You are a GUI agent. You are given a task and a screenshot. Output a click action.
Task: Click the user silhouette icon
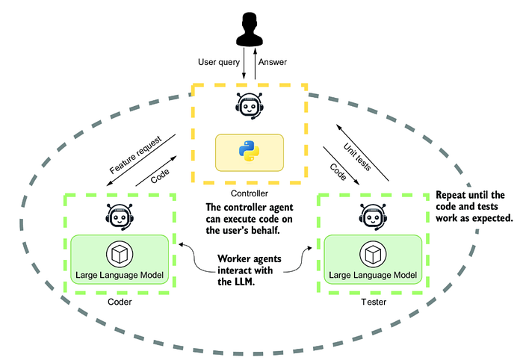[x=250, y=29]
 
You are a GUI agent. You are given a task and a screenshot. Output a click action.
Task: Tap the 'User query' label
[x=219, y=62]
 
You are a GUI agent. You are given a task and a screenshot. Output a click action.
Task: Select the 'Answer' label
[x=273, y=62]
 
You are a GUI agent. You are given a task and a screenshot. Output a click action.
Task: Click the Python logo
[x=249, y=151]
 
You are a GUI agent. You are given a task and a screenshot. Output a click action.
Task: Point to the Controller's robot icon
[x=249, y=106]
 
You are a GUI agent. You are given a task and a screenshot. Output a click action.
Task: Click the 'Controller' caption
[x=249, y=193]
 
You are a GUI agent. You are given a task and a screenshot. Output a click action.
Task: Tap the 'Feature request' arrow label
[x=135, y=155]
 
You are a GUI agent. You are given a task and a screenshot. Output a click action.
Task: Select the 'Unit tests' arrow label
[x=357, y=157]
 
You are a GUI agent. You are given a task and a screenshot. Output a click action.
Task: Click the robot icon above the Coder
[x=120, y=217]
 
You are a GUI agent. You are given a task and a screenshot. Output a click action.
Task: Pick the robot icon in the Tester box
[x=374, y=217]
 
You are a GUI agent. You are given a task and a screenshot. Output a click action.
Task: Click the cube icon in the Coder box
[x=120, y=254]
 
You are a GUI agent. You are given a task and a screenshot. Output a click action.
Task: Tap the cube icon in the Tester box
[x=374, y=254]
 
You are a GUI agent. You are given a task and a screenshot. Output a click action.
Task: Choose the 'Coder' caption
[x=120, y=302]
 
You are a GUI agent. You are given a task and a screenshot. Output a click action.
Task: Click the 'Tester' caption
[x=374, y=302]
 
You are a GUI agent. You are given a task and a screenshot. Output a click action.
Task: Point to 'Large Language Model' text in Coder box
[x=120, y=275]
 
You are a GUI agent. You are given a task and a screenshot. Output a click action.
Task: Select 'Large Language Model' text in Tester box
[x=373, y=275]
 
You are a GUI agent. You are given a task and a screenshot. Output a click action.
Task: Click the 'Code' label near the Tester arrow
[x=338, y=172]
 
